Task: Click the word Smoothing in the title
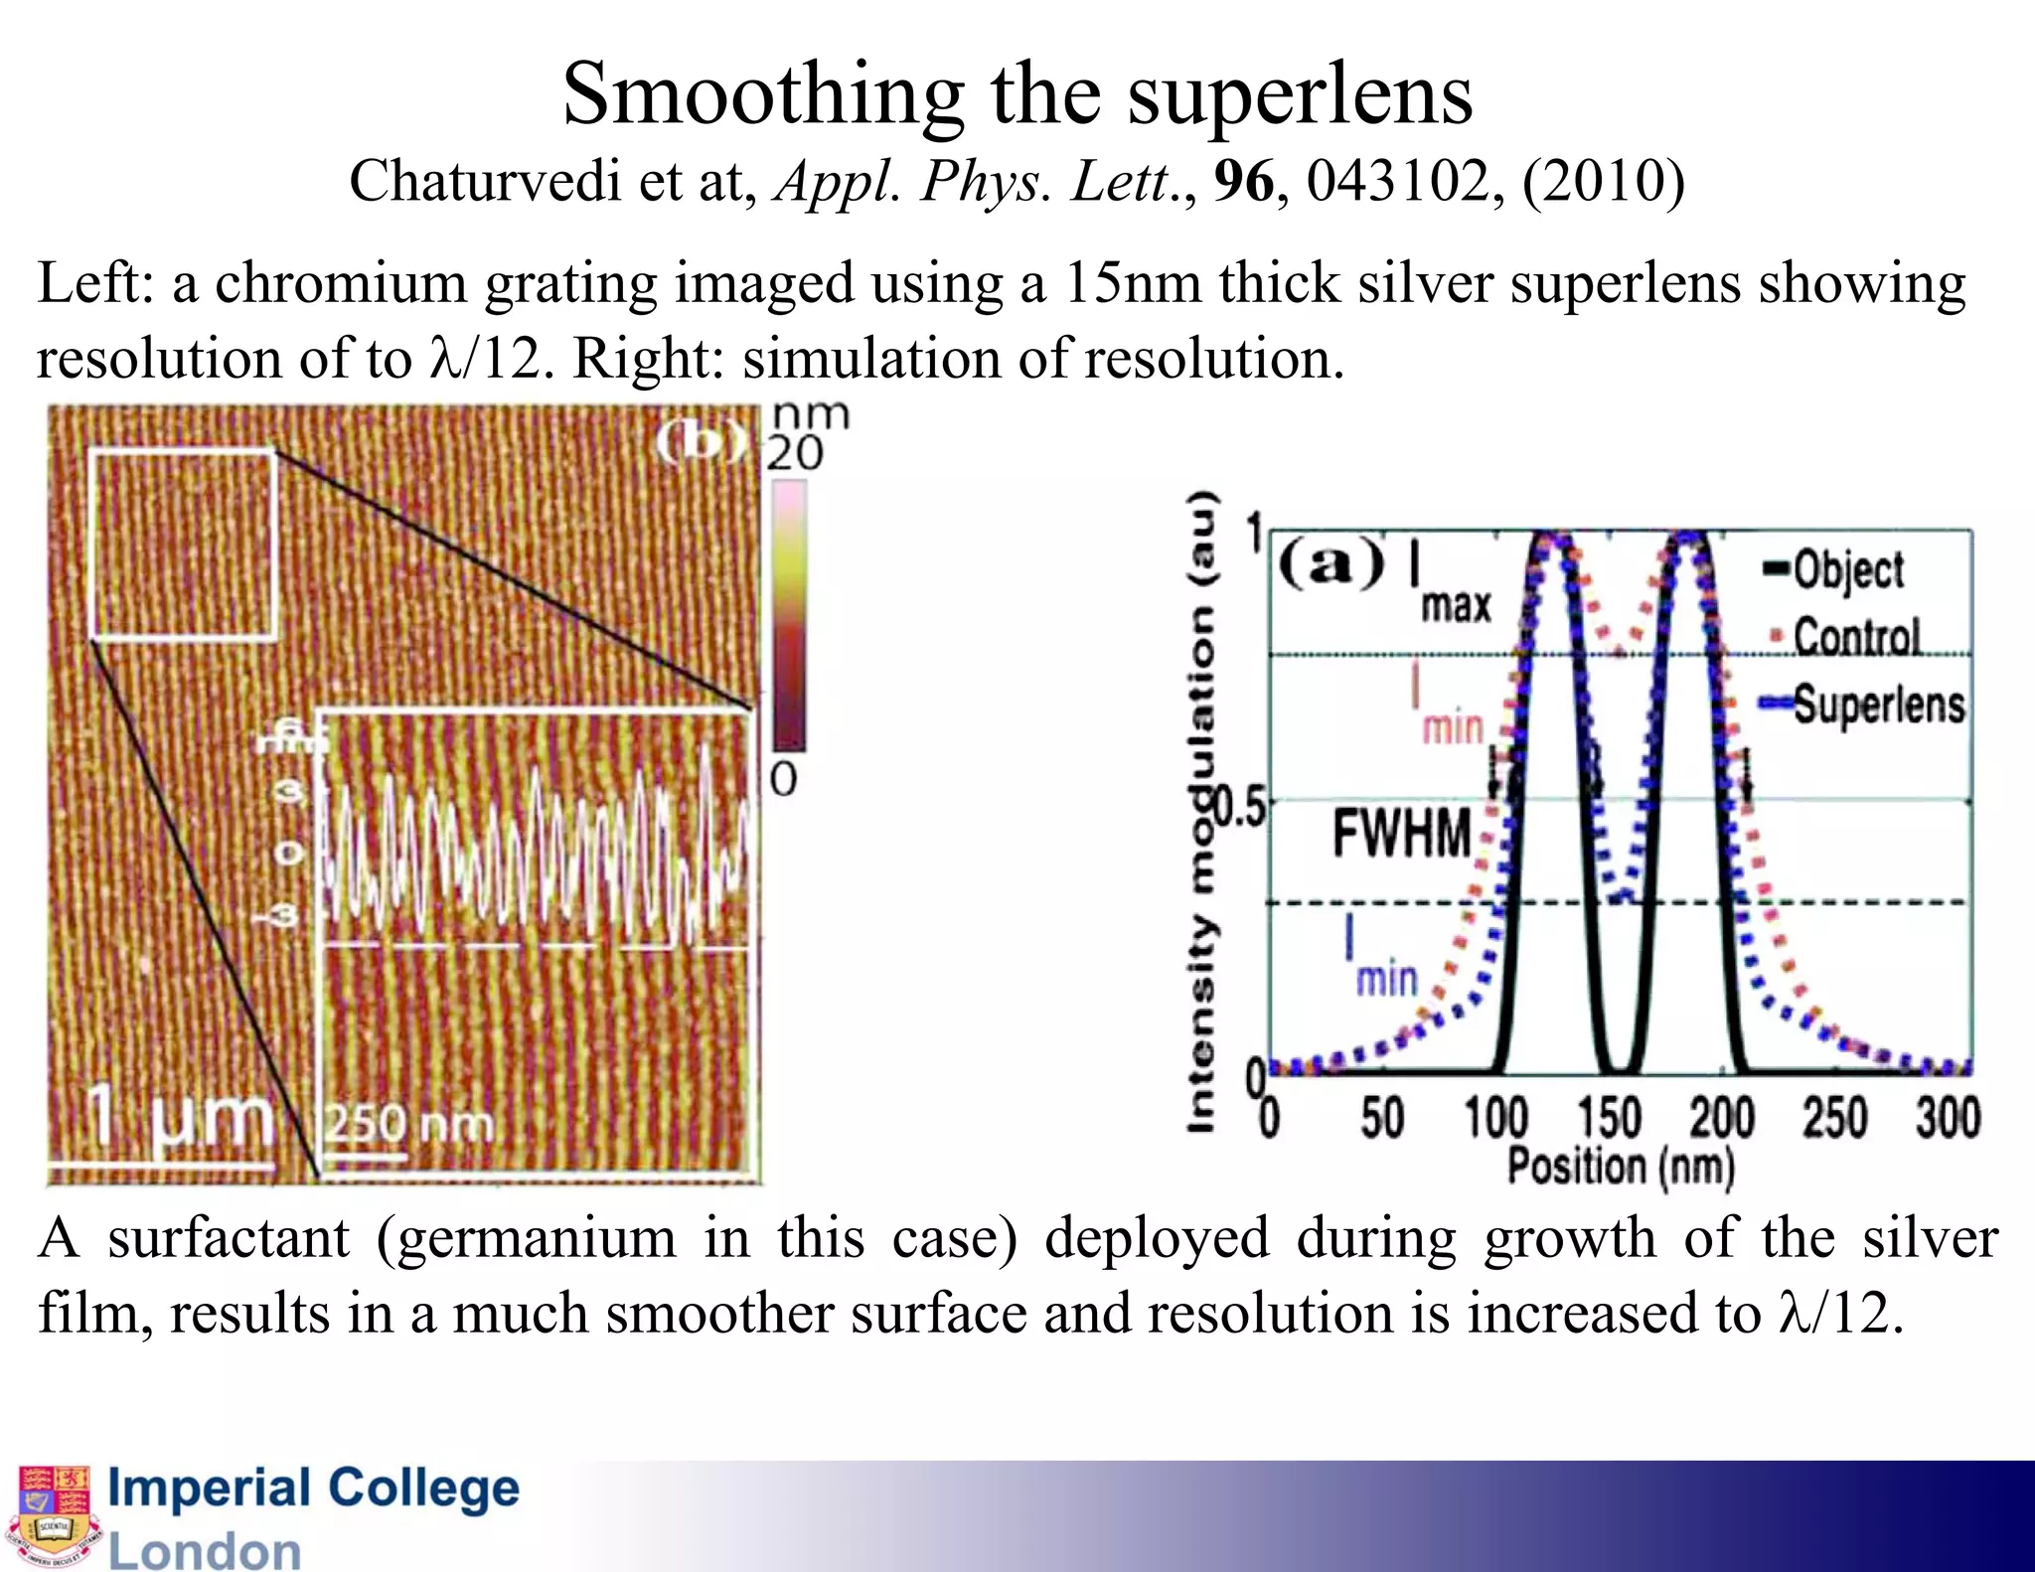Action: pyautogui.click(x=763, y=96)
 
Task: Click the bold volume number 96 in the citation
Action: pyautogui.click(x=1243, y=182)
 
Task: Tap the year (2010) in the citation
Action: pyautogui.click(x=1604, y=182)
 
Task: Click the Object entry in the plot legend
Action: pyautogui.click(x=1847, y=570)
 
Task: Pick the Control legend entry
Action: pyautogui.click(x=1856, y=636)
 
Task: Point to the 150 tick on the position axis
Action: pyautogui.click(x=1609, y=1117)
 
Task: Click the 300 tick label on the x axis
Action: pyautogui.click(x=1948, y=1117)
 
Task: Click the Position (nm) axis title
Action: pyautogui.click(x=1622, y=1166)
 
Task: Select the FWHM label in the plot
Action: pyautogui.click(x=1401, y=833)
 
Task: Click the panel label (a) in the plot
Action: pyautogui.click(x=1331, y=564)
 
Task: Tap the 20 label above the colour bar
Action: pyautogui.click(x=794, y=454)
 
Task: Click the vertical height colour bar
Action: pyautogui.click(x=789, y=616)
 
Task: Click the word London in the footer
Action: pyautogui.click(x=205, y=1550)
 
